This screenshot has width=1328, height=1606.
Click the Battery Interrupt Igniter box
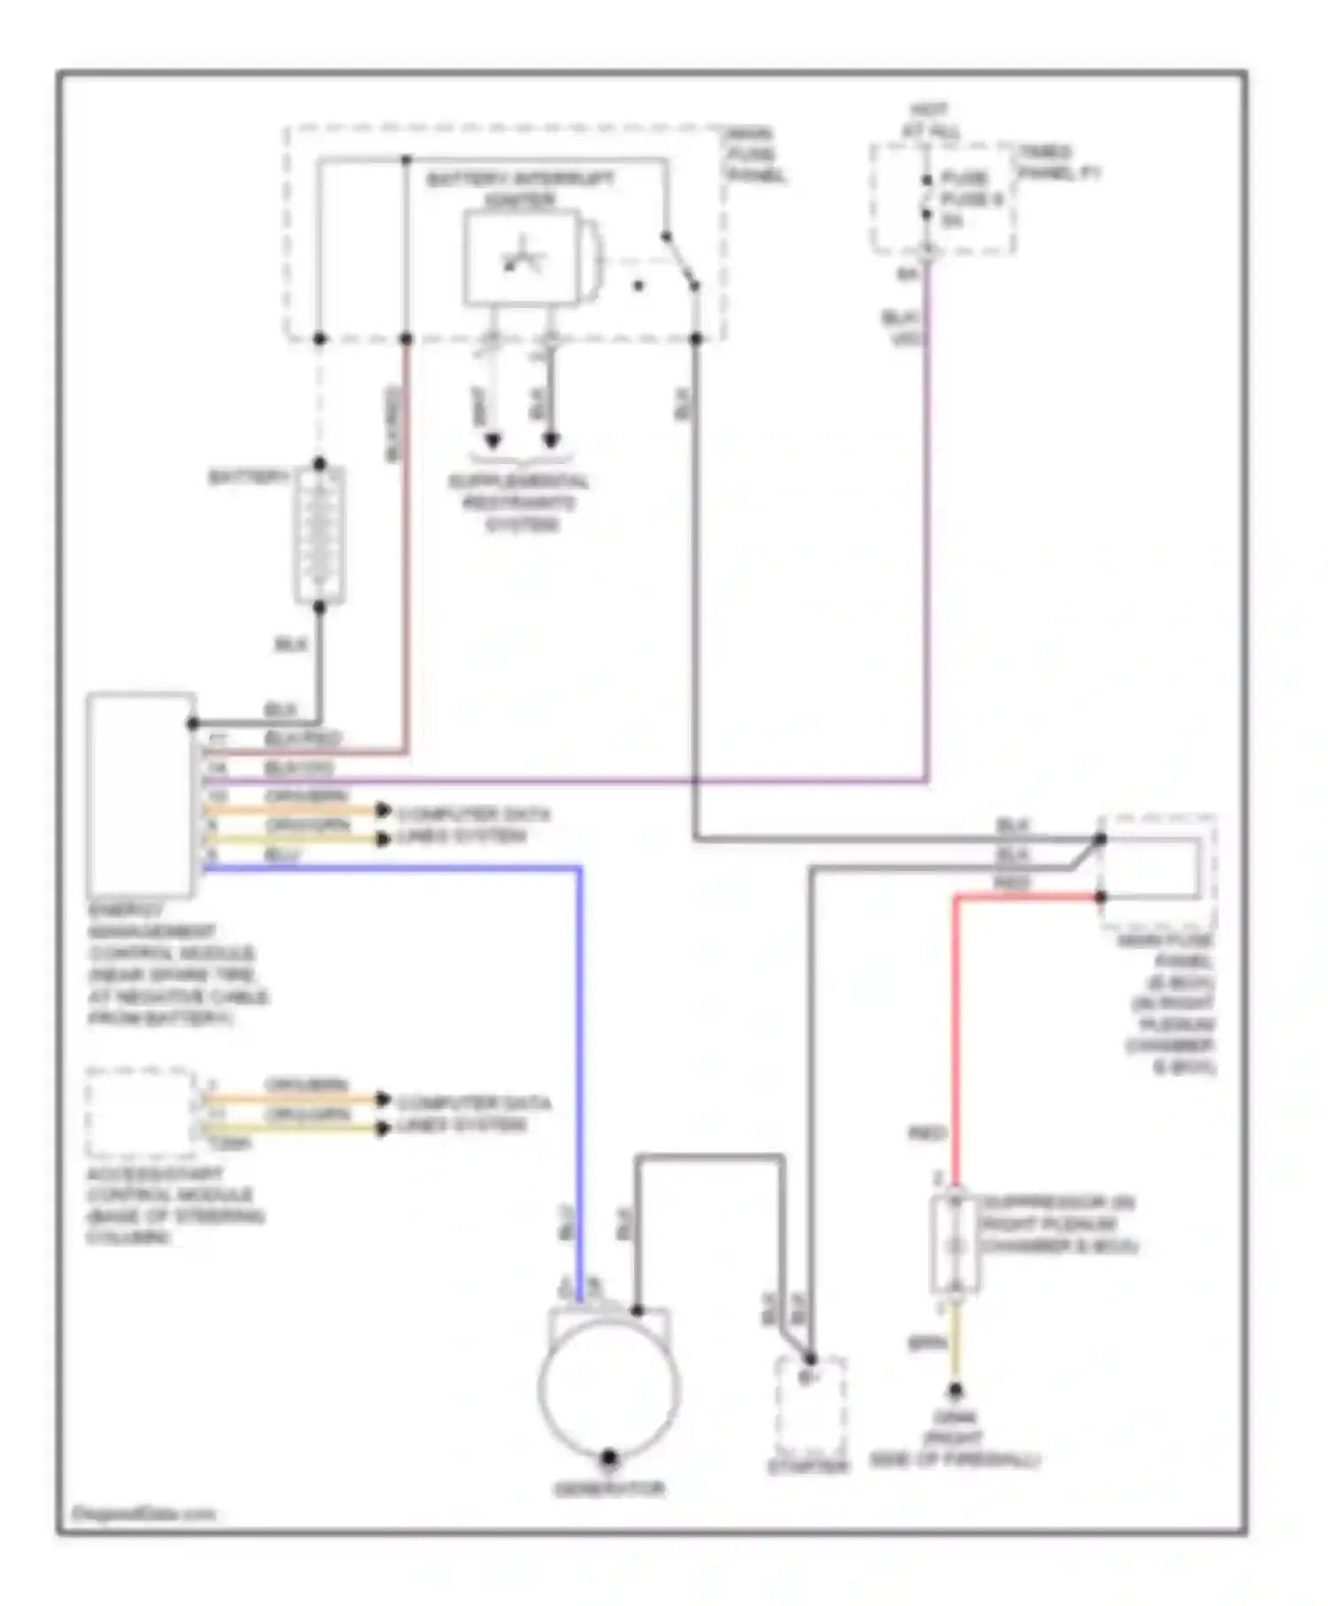point(520,259)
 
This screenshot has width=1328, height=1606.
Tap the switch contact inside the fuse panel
point(680,261)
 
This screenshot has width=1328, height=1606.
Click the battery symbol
point(319,536)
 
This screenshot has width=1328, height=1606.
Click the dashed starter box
point(810,1408)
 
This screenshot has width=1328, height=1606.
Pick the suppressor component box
point(954,1244)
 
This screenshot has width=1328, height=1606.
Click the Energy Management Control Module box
point(141,794)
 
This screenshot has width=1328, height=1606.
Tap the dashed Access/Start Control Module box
point(140,1113)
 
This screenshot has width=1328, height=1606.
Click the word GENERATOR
point(609,1489)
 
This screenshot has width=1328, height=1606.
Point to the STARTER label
point(807,1467)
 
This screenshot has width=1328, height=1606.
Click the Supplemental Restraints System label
point(520,502)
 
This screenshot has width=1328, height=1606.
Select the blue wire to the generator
point(580,1062)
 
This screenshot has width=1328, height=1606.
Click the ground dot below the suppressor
point(955,1391)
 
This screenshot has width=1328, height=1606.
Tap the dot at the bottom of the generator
point(609,1455)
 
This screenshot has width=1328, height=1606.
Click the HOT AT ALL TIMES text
point(930,121)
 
